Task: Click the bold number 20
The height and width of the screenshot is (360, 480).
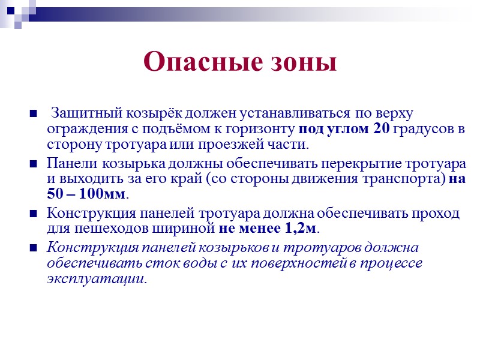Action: click(x=382, y=128)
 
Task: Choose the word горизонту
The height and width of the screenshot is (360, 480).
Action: click(x=262, y=128)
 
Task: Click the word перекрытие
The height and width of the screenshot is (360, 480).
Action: click(x=332, y=164)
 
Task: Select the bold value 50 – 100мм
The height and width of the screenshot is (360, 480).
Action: click(x=86, y=195)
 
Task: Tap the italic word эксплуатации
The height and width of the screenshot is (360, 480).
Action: click(x=96, y=279)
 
